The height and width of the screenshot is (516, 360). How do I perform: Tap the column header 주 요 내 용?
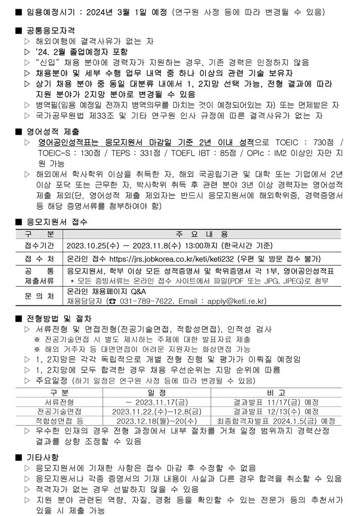pyautogui.click(x=202, y=233)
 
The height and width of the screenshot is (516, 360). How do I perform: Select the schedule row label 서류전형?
pyautogui.click(x=60, y=401)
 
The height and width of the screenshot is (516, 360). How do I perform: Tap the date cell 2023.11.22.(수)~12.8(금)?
pyautogui.click(x=156, y=411)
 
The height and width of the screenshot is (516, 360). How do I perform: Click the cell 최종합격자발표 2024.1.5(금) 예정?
pyautogui.click(x=276, y=420)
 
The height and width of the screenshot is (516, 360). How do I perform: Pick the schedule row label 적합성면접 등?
pyautogui.click(x=60, y=420)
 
